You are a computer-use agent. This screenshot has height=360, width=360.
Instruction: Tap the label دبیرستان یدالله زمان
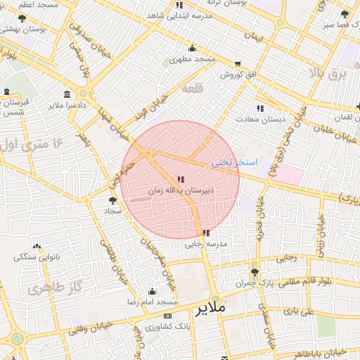click(x=180, y=191)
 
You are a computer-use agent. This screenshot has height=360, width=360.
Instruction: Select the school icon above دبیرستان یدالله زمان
click(x=181, y=179)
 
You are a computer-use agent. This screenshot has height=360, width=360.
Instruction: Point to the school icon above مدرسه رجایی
click(x=205, y=233)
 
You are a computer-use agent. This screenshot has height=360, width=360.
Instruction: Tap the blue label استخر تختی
click(x=235, y=162)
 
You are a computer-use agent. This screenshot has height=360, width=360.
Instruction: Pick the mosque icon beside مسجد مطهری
click(x=192, y=49)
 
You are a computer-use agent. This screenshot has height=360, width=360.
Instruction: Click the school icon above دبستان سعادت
click(x=260, y=108)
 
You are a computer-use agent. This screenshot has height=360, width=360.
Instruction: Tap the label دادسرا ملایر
click(x=67, y=105)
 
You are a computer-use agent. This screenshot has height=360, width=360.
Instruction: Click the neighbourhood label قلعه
click(x=192, y=89)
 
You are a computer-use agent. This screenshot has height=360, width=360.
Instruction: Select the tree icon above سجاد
click(x=113, y=200)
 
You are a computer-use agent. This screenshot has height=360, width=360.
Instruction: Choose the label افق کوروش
click(x=238, y=74)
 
